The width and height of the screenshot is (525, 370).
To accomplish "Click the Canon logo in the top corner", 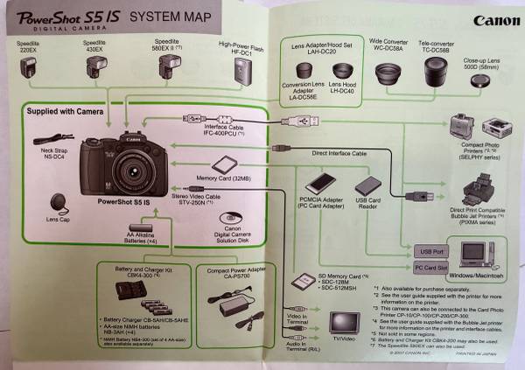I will coord(495,19).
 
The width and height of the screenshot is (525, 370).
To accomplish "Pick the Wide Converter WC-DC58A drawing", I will coord(386,74).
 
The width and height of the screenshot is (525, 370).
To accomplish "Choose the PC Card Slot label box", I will coord(430,267).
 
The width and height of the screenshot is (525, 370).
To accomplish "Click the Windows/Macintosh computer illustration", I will coord(478,255).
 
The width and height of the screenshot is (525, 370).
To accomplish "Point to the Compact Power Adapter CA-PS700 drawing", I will coord(238,302).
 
